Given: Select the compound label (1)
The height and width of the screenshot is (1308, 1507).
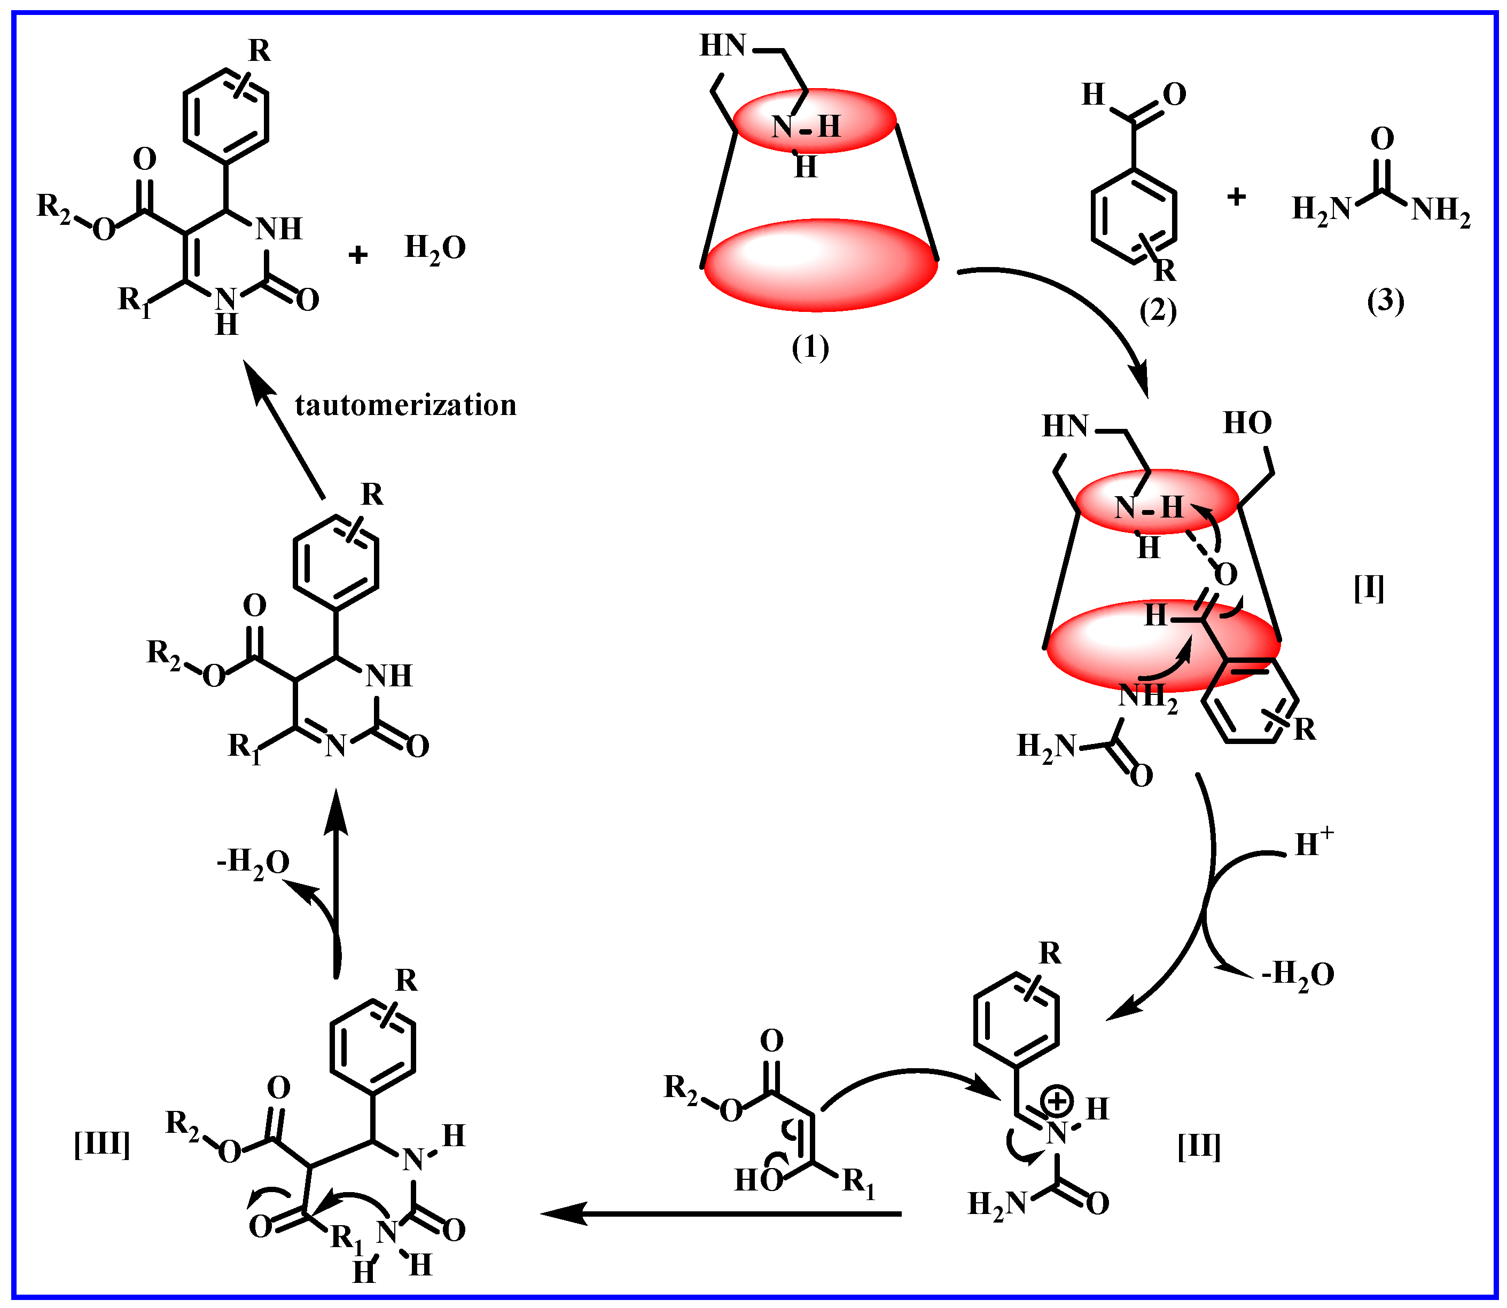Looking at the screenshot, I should pyautogui.click(x=810, y=348).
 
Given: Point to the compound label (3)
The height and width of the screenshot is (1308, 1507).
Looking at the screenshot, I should pyautogui.click(x=1385, y=301).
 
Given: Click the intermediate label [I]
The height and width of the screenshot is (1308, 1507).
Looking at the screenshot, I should pyautogui.click(x=1369, y=589).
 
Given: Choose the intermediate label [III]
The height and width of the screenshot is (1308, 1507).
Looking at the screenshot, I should pyautogui.click(x=102, y=1145).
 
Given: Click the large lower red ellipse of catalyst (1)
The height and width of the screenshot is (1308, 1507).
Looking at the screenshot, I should pyautogui.click(x=821, y=264).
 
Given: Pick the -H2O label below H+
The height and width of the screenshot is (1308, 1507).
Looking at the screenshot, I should pyautogui.click(x=1298, y=974).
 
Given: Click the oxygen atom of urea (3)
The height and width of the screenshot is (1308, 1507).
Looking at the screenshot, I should pyautogui.click(x=1382, y=139).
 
